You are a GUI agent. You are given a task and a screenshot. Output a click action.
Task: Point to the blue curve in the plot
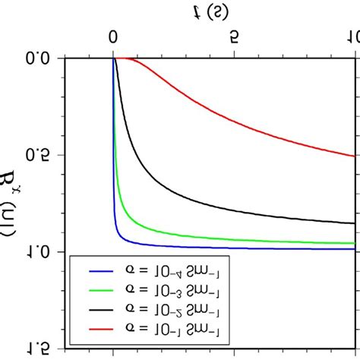228,248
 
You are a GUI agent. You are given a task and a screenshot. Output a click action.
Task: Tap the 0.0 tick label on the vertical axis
37,57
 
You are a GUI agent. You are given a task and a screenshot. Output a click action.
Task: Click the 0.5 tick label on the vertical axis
37,154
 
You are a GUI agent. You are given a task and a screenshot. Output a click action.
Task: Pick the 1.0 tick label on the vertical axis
37,251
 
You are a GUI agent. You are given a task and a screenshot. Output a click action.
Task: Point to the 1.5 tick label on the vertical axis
37,348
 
